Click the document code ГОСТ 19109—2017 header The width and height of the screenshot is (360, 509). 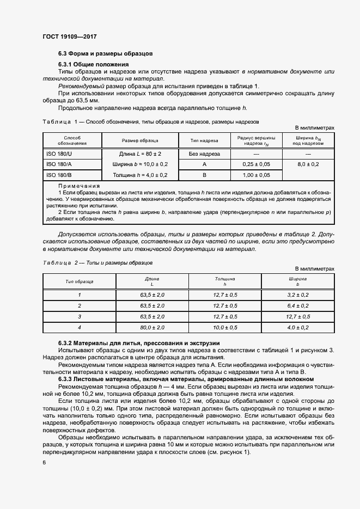(69, 37)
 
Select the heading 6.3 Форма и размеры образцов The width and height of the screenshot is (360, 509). (105, 53)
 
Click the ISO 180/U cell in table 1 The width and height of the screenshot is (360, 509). (60, 154)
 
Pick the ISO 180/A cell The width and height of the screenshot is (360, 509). (60, 164)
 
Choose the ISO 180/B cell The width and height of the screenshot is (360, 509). (60, 175)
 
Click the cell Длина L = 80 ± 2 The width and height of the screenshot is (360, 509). (140, 154)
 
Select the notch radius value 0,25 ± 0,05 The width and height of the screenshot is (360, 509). (257, 164)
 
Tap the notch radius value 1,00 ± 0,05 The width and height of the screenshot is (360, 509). (257, 175)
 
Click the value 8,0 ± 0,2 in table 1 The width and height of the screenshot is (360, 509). (308, 164)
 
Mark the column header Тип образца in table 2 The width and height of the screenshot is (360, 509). (80, 281)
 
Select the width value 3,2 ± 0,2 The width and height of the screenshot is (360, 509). (297, 295)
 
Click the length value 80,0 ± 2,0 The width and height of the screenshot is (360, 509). (152, 327)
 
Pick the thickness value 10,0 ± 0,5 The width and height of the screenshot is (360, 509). (225, 327)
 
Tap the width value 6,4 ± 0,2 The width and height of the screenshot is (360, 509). (297, 305)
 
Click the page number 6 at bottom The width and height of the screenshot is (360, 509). (44, 462)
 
